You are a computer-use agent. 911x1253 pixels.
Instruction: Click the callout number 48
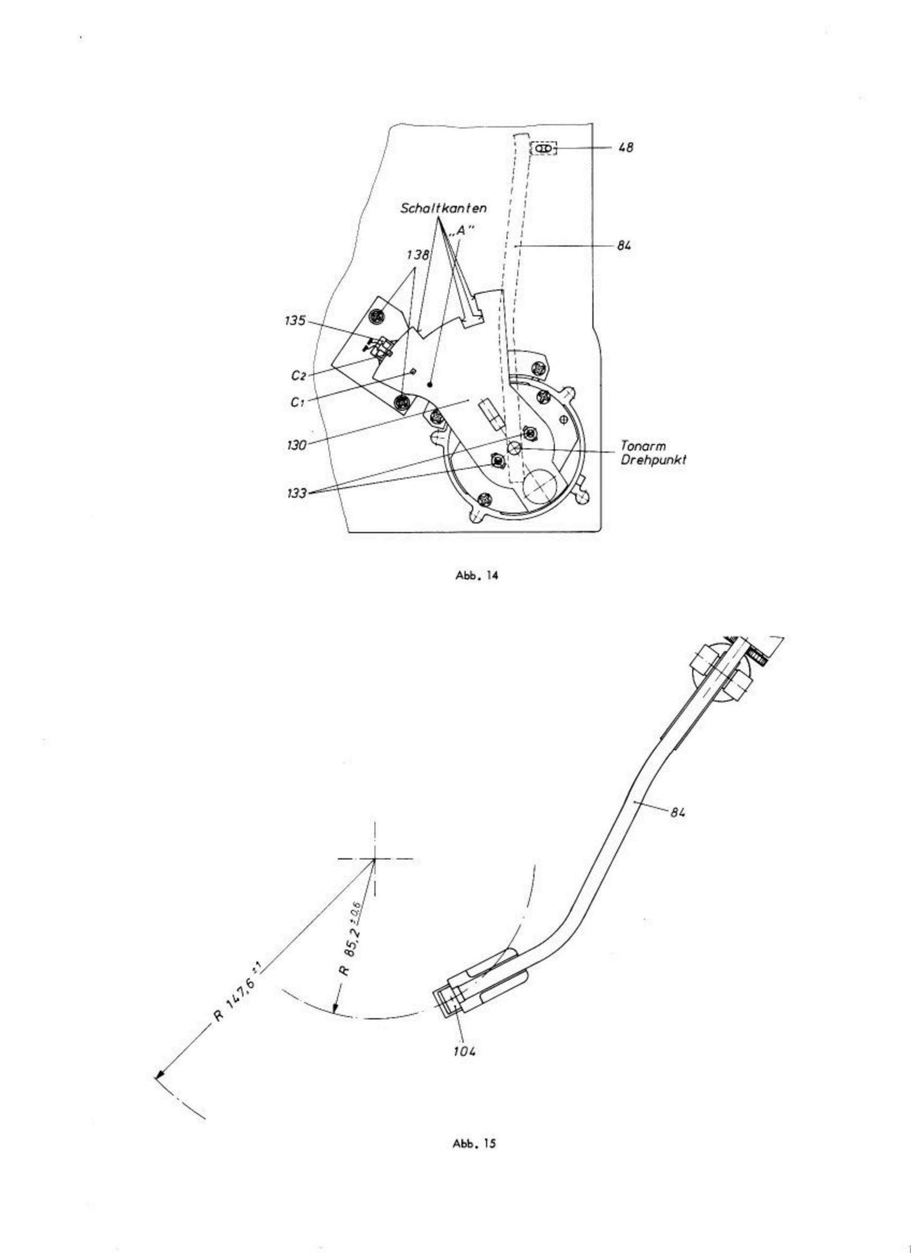click(x=625, y=148)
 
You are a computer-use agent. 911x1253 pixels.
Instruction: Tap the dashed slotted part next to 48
click(x=543, y=148)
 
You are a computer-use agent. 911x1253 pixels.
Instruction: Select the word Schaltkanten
click(x=444, y=209)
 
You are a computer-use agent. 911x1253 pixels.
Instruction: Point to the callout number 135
click(x=295, y=321)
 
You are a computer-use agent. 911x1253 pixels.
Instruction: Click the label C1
click(x=298, y=402)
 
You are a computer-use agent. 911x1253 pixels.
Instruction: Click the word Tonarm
click(x=643, y=446)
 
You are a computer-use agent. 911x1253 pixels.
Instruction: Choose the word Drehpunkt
click(x=654, y=460)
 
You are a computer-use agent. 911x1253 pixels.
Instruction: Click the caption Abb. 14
click(x=476, y=575)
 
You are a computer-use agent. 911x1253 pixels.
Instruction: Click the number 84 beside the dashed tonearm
click(x=624, y=246)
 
